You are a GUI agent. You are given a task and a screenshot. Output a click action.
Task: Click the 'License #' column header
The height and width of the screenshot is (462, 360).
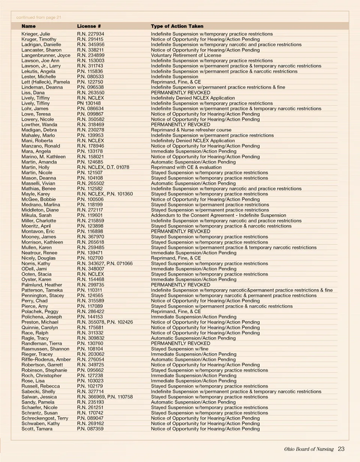89,26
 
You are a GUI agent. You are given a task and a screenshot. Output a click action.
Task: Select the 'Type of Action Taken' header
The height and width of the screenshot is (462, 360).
177,26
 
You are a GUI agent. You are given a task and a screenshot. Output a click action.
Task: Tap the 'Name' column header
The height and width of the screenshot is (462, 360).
28,26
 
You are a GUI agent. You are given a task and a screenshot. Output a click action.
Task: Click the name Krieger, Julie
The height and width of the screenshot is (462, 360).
36,34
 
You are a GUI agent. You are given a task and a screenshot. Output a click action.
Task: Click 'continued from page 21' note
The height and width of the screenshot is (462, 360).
39,17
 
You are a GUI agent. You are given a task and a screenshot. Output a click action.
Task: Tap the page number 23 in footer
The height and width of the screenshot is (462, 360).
341,449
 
